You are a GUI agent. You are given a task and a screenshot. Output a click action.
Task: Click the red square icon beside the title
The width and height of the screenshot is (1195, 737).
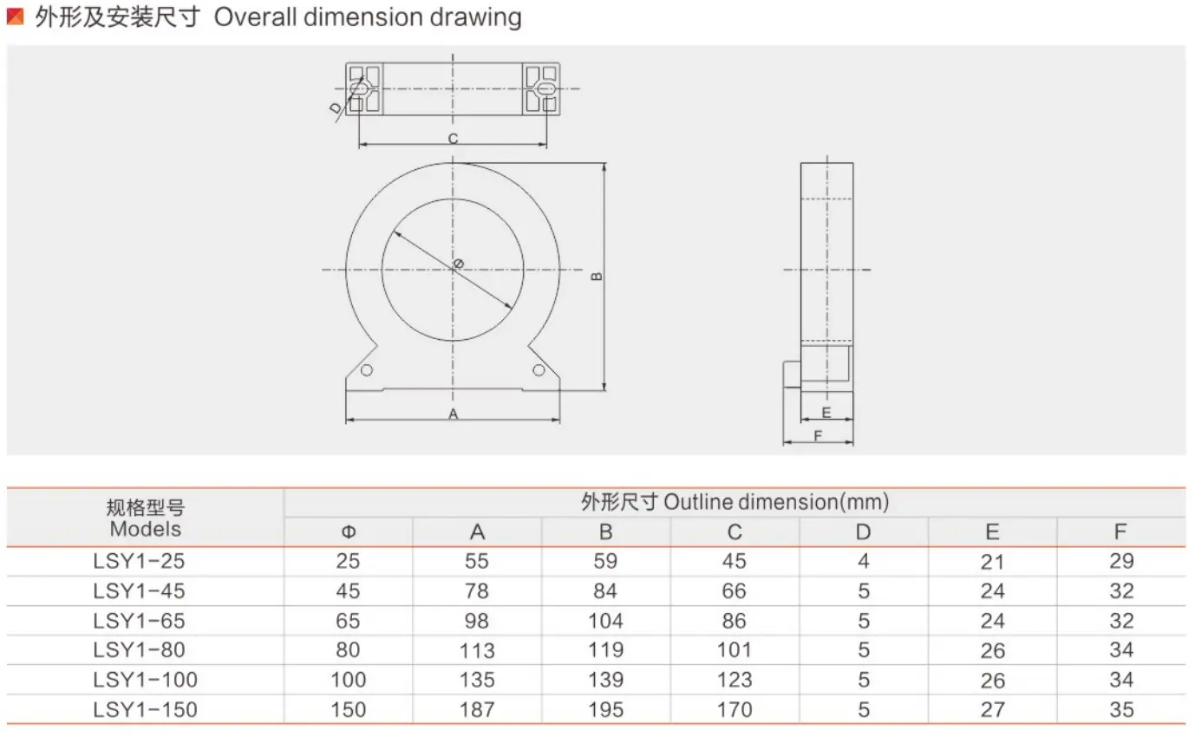point(15,16)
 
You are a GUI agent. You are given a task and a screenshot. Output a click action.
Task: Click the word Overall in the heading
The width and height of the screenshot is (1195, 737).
point(255,17)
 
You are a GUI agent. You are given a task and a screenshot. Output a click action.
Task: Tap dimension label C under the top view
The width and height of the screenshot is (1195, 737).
point(453,139)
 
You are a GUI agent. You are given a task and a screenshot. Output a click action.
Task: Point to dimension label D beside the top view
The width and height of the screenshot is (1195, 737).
point(336,108)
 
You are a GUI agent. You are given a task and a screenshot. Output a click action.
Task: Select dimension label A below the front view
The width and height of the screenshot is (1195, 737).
point(453,414)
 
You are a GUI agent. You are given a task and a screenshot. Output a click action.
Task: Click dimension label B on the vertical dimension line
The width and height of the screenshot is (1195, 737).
point(597,277)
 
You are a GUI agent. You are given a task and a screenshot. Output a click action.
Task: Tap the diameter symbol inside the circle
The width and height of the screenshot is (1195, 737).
point(458,264)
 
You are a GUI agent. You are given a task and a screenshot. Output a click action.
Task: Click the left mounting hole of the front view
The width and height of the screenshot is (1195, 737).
point(367,370)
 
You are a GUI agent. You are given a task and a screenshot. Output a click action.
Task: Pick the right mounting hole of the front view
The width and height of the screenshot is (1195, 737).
point(539,370)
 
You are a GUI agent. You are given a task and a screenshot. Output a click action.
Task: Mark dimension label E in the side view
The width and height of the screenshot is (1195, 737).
point(826,412)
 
